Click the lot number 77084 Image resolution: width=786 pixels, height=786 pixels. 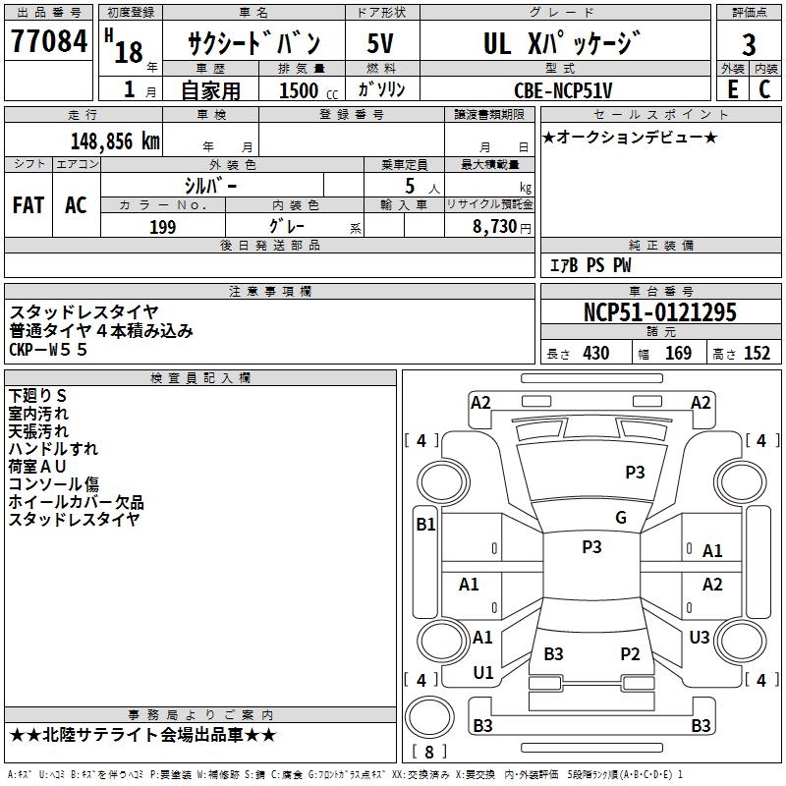[48, 42]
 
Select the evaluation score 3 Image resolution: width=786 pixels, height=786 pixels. [749, 44]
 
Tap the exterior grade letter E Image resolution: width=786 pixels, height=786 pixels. [731, 88]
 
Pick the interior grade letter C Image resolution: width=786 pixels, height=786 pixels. [764, 88]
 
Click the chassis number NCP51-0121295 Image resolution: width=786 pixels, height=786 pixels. [659, 312]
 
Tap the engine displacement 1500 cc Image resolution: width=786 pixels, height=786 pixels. [307, 90]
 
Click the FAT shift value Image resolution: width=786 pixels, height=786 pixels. [28, 205]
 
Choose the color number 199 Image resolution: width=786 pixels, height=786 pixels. [162, 227]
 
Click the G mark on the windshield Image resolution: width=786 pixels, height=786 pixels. [621, 518]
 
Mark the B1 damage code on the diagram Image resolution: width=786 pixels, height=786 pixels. [424, 525]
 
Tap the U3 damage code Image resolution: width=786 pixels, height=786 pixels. [699, 638]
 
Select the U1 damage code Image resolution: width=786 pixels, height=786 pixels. [483, 673]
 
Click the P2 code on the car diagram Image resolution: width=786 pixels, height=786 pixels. [630, 653]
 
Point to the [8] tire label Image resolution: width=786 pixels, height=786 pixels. [428, 752]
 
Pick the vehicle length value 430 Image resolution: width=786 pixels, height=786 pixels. [595, 353]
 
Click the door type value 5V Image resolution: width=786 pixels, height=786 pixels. [381, 43]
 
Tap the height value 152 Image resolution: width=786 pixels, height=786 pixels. [757, 353]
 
